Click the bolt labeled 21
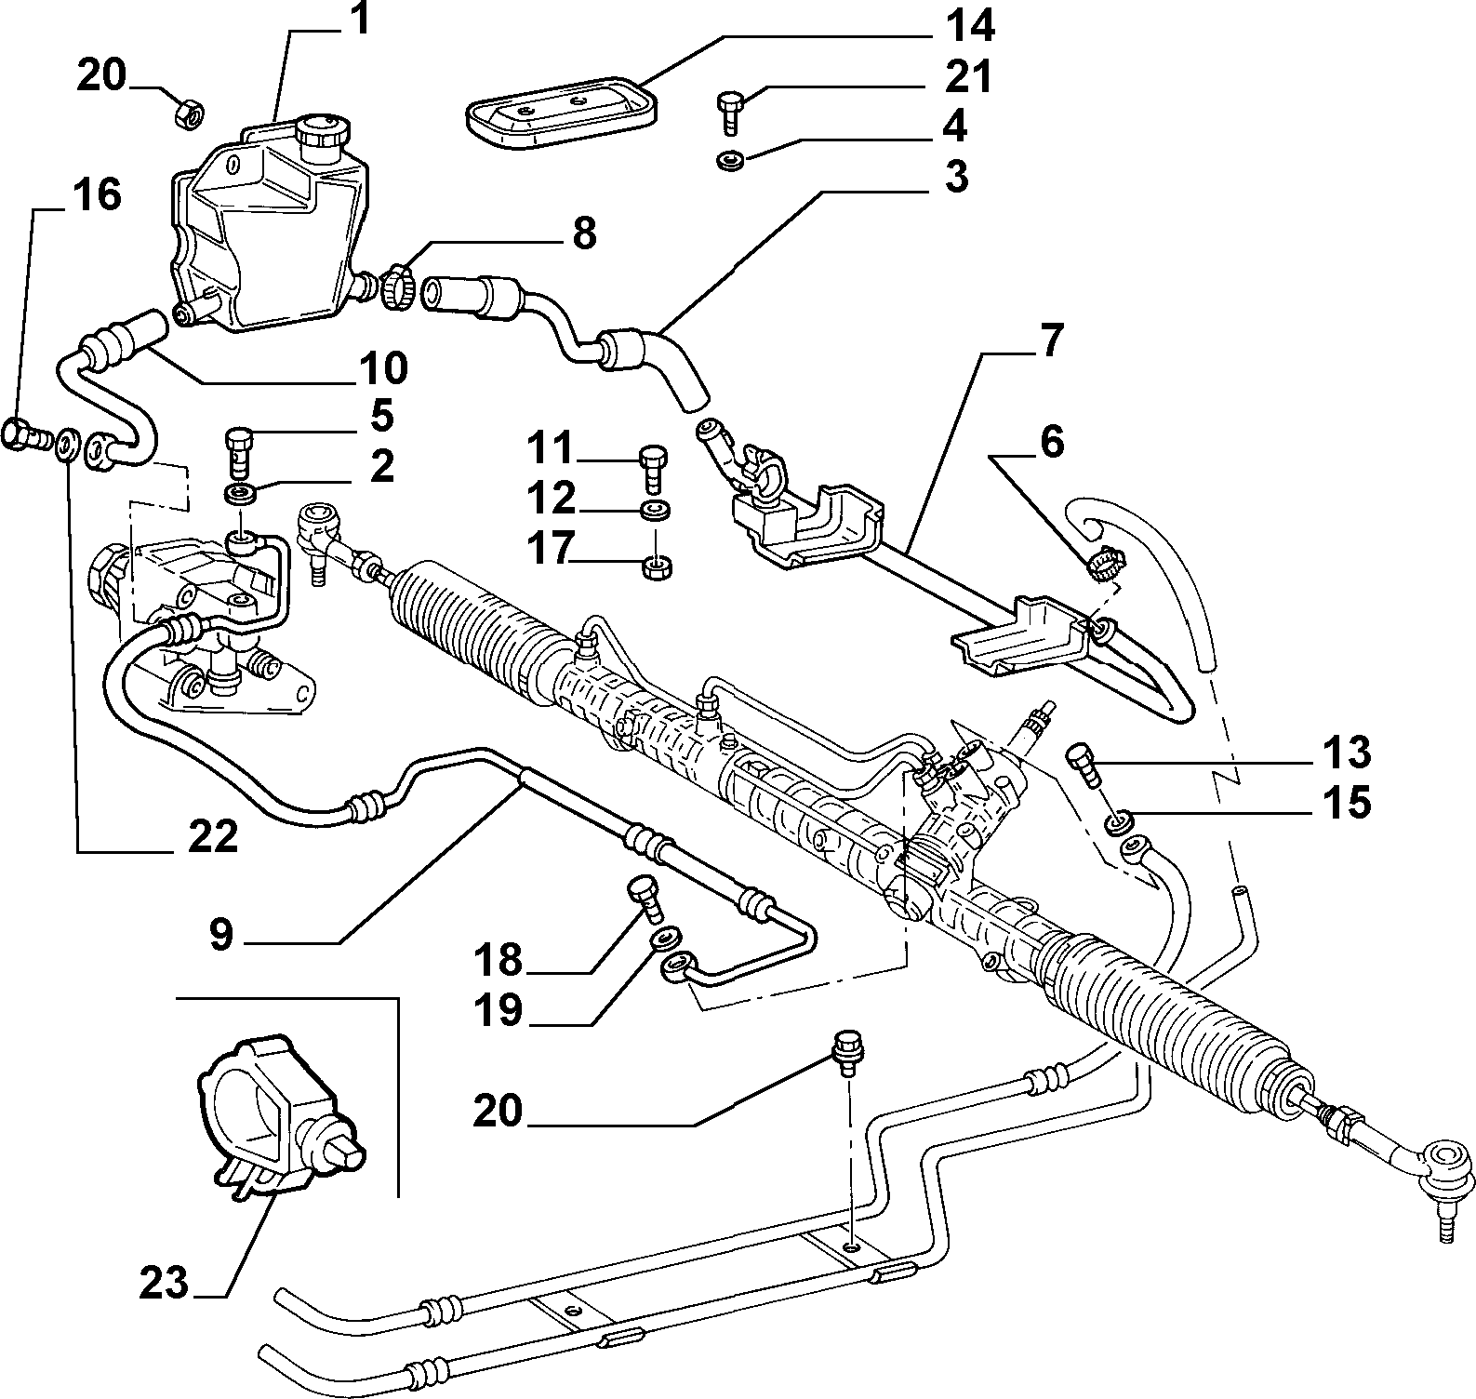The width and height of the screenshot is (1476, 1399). (x=727, y=108)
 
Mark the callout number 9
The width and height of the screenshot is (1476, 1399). (x=220, y=934)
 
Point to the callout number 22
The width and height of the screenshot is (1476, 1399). (x=212, y=838)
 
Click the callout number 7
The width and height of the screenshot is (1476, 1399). (x=1048, y=341)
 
